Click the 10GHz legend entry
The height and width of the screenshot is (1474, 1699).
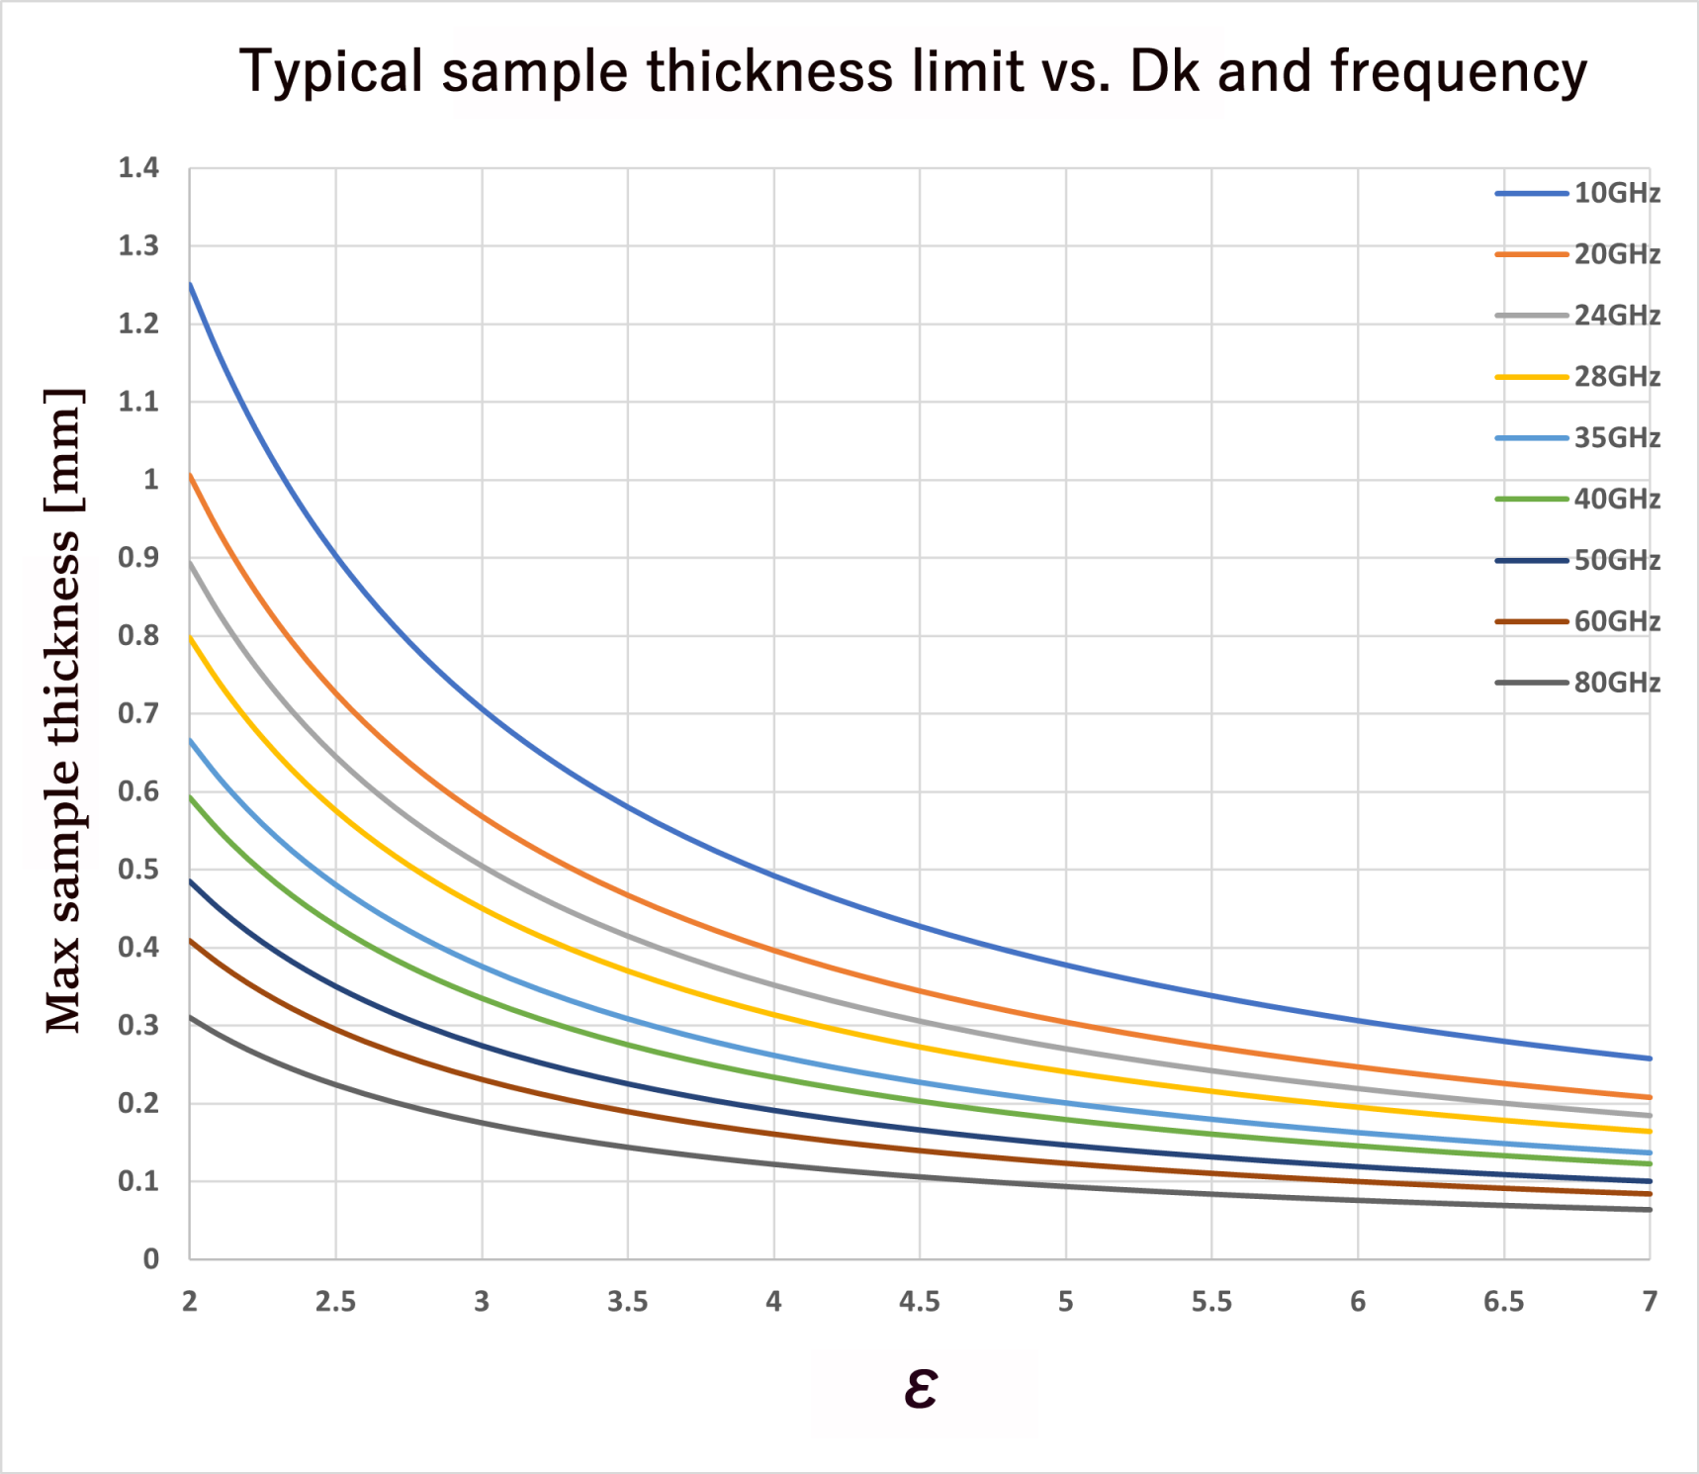1616,193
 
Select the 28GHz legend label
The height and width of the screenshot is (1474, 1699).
1616,377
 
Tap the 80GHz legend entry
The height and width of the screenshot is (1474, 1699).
1616,683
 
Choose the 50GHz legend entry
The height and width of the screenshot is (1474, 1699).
1616,560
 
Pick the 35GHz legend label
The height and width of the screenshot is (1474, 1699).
1616,438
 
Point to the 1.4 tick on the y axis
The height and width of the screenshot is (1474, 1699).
138,168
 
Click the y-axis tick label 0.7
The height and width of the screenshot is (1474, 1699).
138,713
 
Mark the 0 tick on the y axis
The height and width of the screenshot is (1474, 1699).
150,1259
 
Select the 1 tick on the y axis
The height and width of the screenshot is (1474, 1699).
150,480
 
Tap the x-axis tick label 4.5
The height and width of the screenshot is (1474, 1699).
919,1302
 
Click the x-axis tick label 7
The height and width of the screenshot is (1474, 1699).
1650,1302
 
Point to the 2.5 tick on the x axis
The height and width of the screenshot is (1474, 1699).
335,1302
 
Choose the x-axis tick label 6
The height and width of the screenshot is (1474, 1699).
1358,1302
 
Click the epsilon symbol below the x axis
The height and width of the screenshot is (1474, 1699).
920,1388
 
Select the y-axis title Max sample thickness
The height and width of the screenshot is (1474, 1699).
63,710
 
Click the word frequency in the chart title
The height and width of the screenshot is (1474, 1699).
1458,73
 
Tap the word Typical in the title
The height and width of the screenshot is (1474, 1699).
331,73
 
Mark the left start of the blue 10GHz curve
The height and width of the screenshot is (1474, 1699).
190,284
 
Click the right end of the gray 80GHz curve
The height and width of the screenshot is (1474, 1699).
1649,1209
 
